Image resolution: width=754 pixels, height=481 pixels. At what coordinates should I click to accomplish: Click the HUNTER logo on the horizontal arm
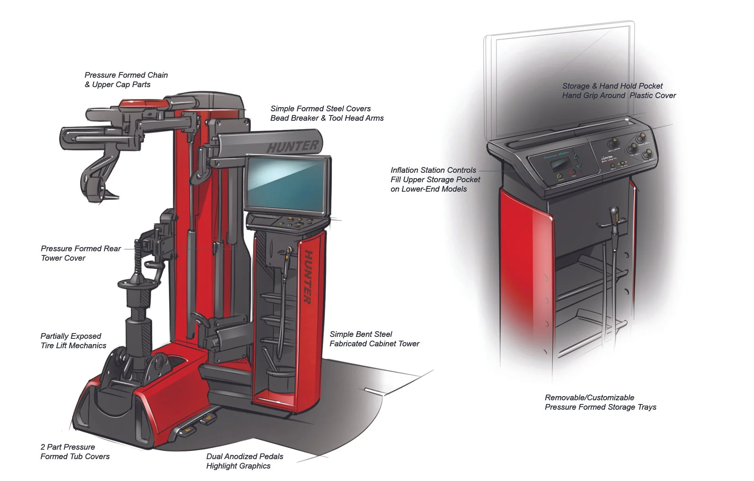[292, 146]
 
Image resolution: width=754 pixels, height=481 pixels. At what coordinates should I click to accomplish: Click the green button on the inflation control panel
[559, 176]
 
